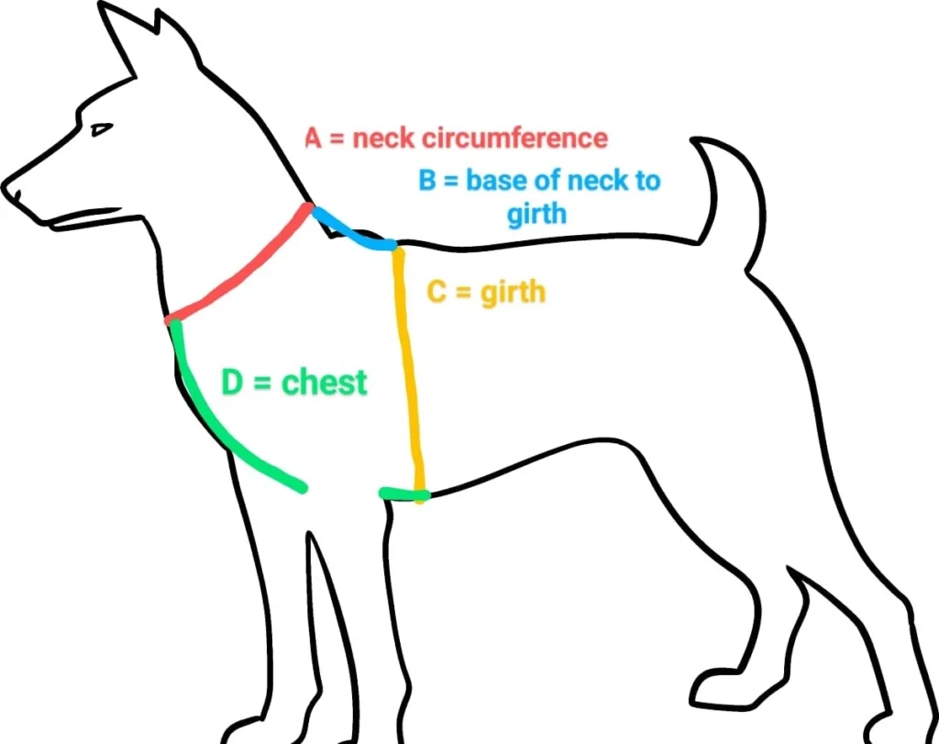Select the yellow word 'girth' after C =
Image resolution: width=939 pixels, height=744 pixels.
click(513, 293)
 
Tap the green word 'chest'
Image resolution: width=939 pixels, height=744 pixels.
click(324, 383)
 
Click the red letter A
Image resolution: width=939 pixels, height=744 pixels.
click(314, 139)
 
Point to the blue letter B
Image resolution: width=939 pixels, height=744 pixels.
click(427, 180)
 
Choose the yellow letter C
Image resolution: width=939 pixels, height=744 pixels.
click(436, 293)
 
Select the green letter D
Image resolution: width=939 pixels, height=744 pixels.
click(233, 383)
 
